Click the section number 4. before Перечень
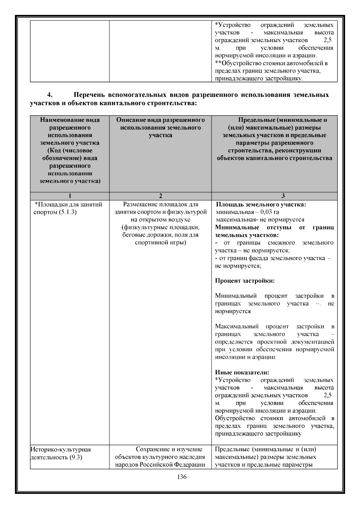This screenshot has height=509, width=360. tap(50, 95)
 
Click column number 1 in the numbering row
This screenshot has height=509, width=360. tap(70, 196)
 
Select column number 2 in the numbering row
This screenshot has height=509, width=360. tap(160, 196)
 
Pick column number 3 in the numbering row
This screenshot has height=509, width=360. tap(283, 196)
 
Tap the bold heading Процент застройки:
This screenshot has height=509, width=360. tap(245, 281)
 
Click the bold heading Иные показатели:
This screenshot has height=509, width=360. tap(242, 373)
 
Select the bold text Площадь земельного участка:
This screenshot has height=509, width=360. tap(261, 205)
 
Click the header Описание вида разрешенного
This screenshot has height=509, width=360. tap(160, 120)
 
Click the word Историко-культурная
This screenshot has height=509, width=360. tap(61, 449)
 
